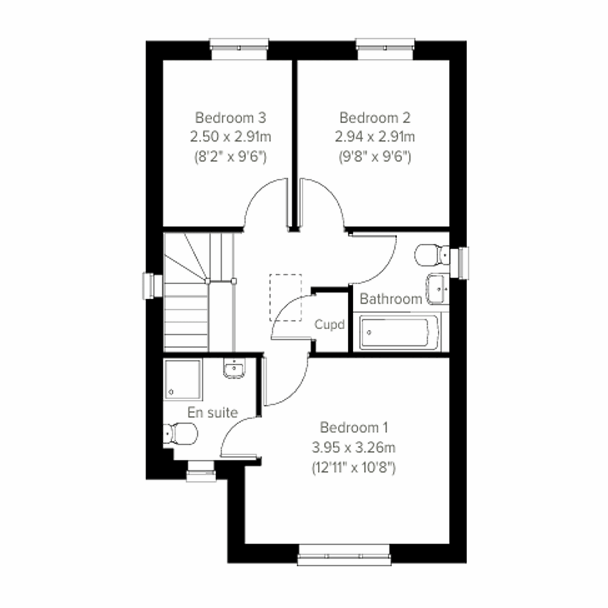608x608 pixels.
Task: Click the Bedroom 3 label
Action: coord(231,118)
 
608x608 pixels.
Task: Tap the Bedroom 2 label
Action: coord(375,118)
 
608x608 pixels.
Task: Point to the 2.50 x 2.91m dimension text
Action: coord(231,137)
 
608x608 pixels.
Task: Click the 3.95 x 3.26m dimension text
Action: coord(353,447)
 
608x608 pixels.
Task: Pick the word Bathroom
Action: coord(391,299)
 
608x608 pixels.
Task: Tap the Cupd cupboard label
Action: coord(329,324)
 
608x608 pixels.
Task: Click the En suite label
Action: coord(212,412)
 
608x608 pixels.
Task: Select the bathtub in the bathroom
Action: coord(399,332)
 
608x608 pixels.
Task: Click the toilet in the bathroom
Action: coord(432,255)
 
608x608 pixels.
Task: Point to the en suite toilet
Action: coord(180,434)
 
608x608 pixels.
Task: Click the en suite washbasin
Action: coord(235,368)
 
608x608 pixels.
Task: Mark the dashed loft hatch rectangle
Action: coord(286,297)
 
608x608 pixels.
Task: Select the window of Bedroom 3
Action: coord(239,49)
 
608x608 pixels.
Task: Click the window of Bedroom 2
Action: coord(385,49)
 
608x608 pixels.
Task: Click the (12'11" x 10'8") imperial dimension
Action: coord(353,467)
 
